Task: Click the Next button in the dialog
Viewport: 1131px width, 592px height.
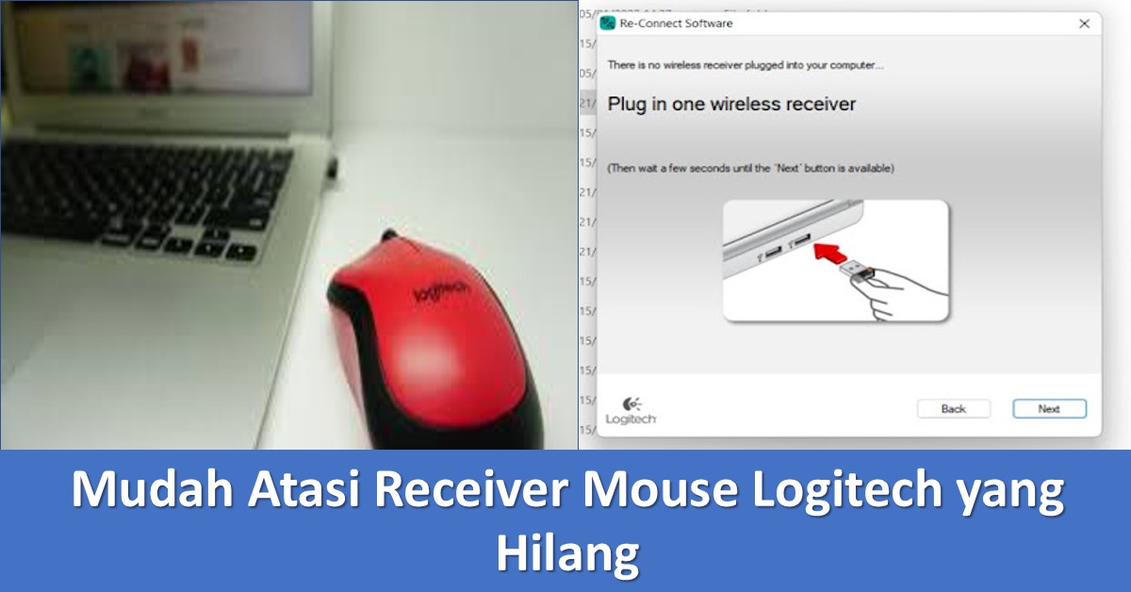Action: point(1049,409)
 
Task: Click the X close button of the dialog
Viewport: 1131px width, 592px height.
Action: point(1084,24)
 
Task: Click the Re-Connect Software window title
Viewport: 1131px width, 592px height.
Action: point(676,24)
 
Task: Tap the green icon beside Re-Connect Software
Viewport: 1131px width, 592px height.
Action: point(608,24)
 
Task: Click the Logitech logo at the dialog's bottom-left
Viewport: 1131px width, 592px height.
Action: point(631,410)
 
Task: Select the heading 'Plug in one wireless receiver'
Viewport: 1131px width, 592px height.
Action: point(731,104)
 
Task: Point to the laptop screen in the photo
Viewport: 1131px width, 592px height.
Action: point(160,47)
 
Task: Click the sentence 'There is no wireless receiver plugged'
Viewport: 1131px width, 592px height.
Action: point(745,65)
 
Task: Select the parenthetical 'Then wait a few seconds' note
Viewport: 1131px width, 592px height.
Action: point(750,168)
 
